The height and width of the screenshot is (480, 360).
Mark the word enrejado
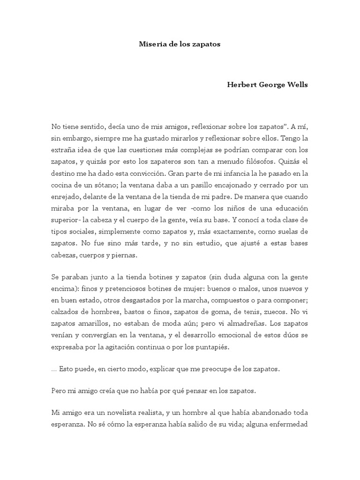[67, 197]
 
